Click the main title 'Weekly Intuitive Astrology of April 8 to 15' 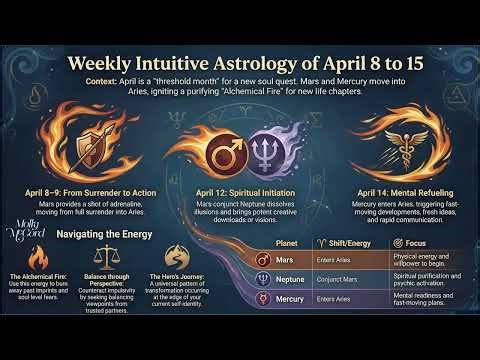tap(240, 63)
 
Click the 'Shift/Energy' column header tap(345, 241)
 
